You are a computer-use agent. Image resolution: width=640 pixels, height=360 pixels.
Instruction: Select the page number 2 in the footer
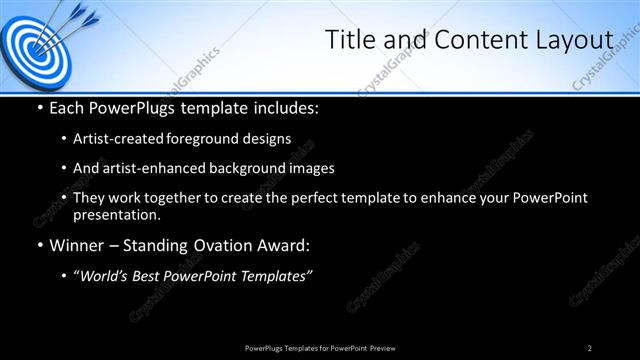[590, 348]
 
